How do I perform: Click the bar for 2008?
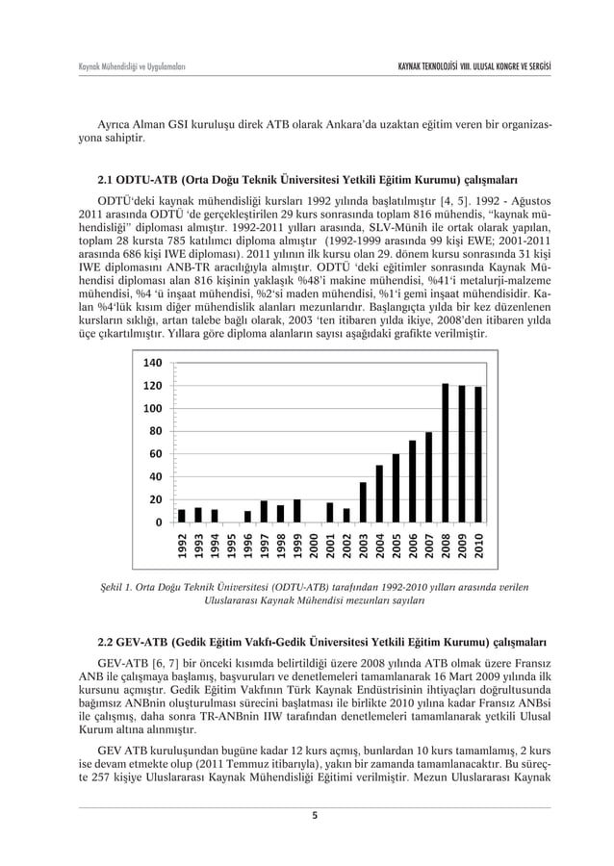pos(446,453)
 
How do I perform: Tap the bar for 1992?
pos(182,516)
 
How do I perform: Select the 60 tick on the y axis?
pos(152,454)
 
